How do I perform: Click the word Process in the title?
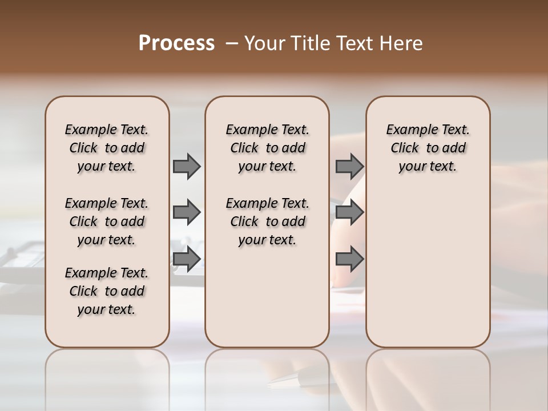pyautogui.click(x=176, y=43)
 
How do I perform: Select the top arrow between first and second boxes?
pyautogui.click(x=187, y=166)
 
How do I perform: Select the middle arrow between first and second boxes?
pyautogui.click(x=187, y=212)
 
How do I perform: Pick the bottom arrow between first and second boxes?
pyautogui.click(x=187, y=259)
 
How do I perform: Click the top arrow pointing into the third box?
pyautogui.click(x=349, y=166)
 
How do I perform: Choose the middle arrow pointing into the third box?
pyautogui.click(x=349, y=212)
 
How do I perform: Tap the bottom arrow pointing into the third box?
pyautogui.click(x=349, y=259)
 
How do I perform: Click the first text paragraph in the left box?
pyautogui.click(x=107, y=148)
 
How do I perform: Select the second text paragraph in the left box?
pyautogui.click(x=107, y=221)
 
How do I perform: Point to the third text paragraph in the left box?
pyautogui.click(x=107, y=291)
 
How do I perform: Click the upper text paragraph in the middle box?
pyautogui.click(x=267, y=148)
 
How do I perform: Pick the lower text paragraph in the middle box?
pyautogui.click(x=267, y=221)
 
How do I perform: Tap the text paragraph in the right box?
pyautogui.click(x=428, y=148)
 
